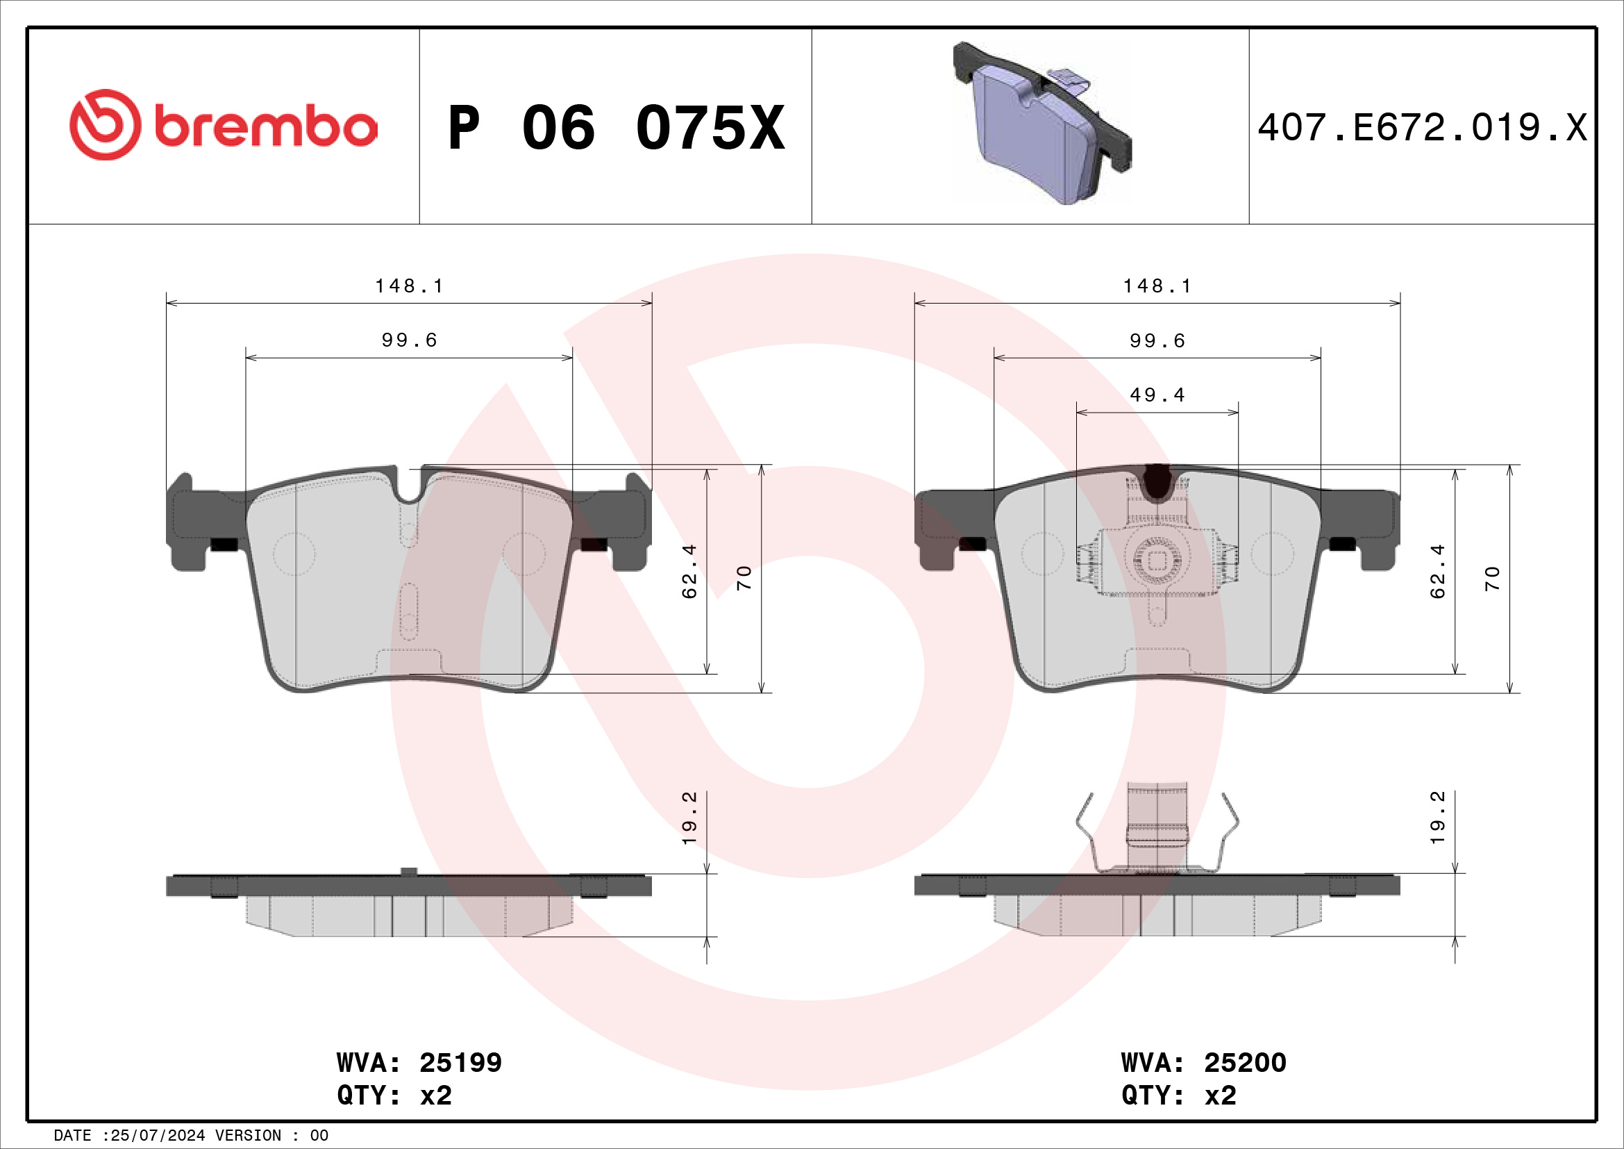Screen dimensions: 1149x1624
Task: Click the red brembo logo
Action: (224, 125)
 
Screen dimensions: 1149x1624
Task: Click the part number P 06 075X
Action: (616, 128)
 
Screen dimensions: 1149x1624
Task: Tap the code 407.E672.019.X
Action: (1423, 128)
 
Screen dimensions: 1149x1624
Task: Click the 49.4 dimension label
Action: (1157, 395)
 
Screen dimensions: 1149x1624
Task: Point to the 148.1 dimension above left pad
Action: (409, 286)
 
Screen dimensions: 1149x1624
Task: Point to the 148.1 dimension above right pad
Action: (1157, 286)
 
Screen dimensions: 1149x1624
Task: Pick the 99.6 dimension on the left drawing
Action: (409, 340)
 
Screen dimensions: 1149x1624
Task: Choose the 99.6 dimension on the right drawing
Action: (1157, 341)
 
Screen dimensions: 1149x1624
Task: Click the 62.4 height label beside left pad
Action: (689, 571)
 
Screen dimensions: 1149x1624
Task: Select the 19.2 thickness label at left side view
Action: (689, 818)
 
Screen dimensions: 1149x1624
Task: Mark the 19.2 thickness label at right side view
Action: (1437, 818)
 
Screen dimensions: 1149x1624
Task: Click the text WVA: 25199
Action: (419, 1062)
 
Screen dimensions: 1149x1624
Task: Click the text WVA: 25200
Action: (1203, 1062)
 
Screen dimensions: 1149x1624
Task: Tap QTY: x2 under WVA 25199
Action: (394, 1096)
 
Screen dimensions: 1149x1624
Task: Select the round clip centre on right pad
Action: (1157, 561)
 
